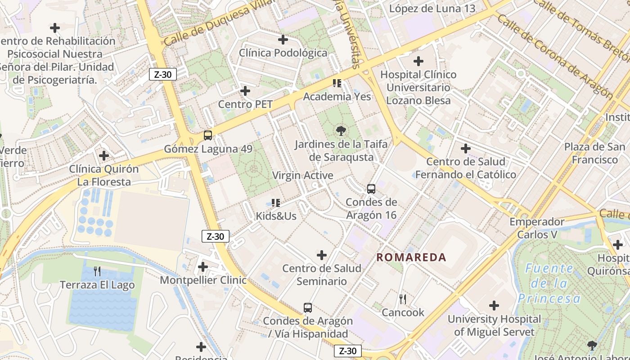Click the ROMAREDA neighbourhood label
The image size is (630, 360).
pyautogui.click(x=411, y=257)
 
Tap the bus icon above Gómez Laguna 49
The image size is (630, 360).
pyautogui.click(x=208, y=135)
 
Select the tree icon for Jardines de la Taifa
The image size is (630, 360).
pyautogui.click(x=341, y=131)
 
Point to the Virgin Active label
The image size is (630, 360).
pyautogui.click(x=303, y=175)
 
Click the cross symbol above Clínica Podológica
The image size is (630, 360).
pyautogui.click(x=283, y=40)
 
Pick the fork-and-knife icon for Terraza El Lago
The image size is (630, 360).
pyautogui.click(x=97, y=271)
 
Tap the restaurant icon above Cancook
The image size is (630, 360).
pyautogui.click(x=403, y=299)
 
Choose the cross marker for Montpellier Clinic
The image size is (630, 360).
pyautogui.click(x=203, y=267)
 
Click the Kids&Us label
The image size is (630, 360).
pyautogui.click(x=276, y=216)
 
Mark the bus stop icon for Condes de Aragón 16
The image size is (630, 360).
pyautogui.click(x=371, y=189)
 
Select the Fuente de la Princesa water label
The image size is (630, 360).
pyautogui.click(x=549, y=283)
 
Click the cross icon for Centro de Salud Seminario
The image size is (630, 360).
pyautogui.click(x=322, y=255)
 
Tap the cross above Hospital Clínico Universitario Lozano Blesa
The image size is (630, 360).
pyautogui.click(x=418, y=61)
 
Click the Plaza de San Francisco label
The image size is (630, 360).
pyautogui.click(x=594, y=153)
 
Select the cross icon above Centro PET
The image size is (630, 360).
pyautogui.click(x=245, y=91)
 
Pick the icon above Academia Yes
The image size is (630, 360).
pyautogui.click(x=337, y=83)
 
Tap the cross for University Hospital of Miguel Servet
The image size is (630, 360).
pyautogui.click(x=494, y=306)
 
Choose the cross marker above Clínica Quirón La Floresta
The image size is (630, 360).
pyautogui.click(x=104, y=156)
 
